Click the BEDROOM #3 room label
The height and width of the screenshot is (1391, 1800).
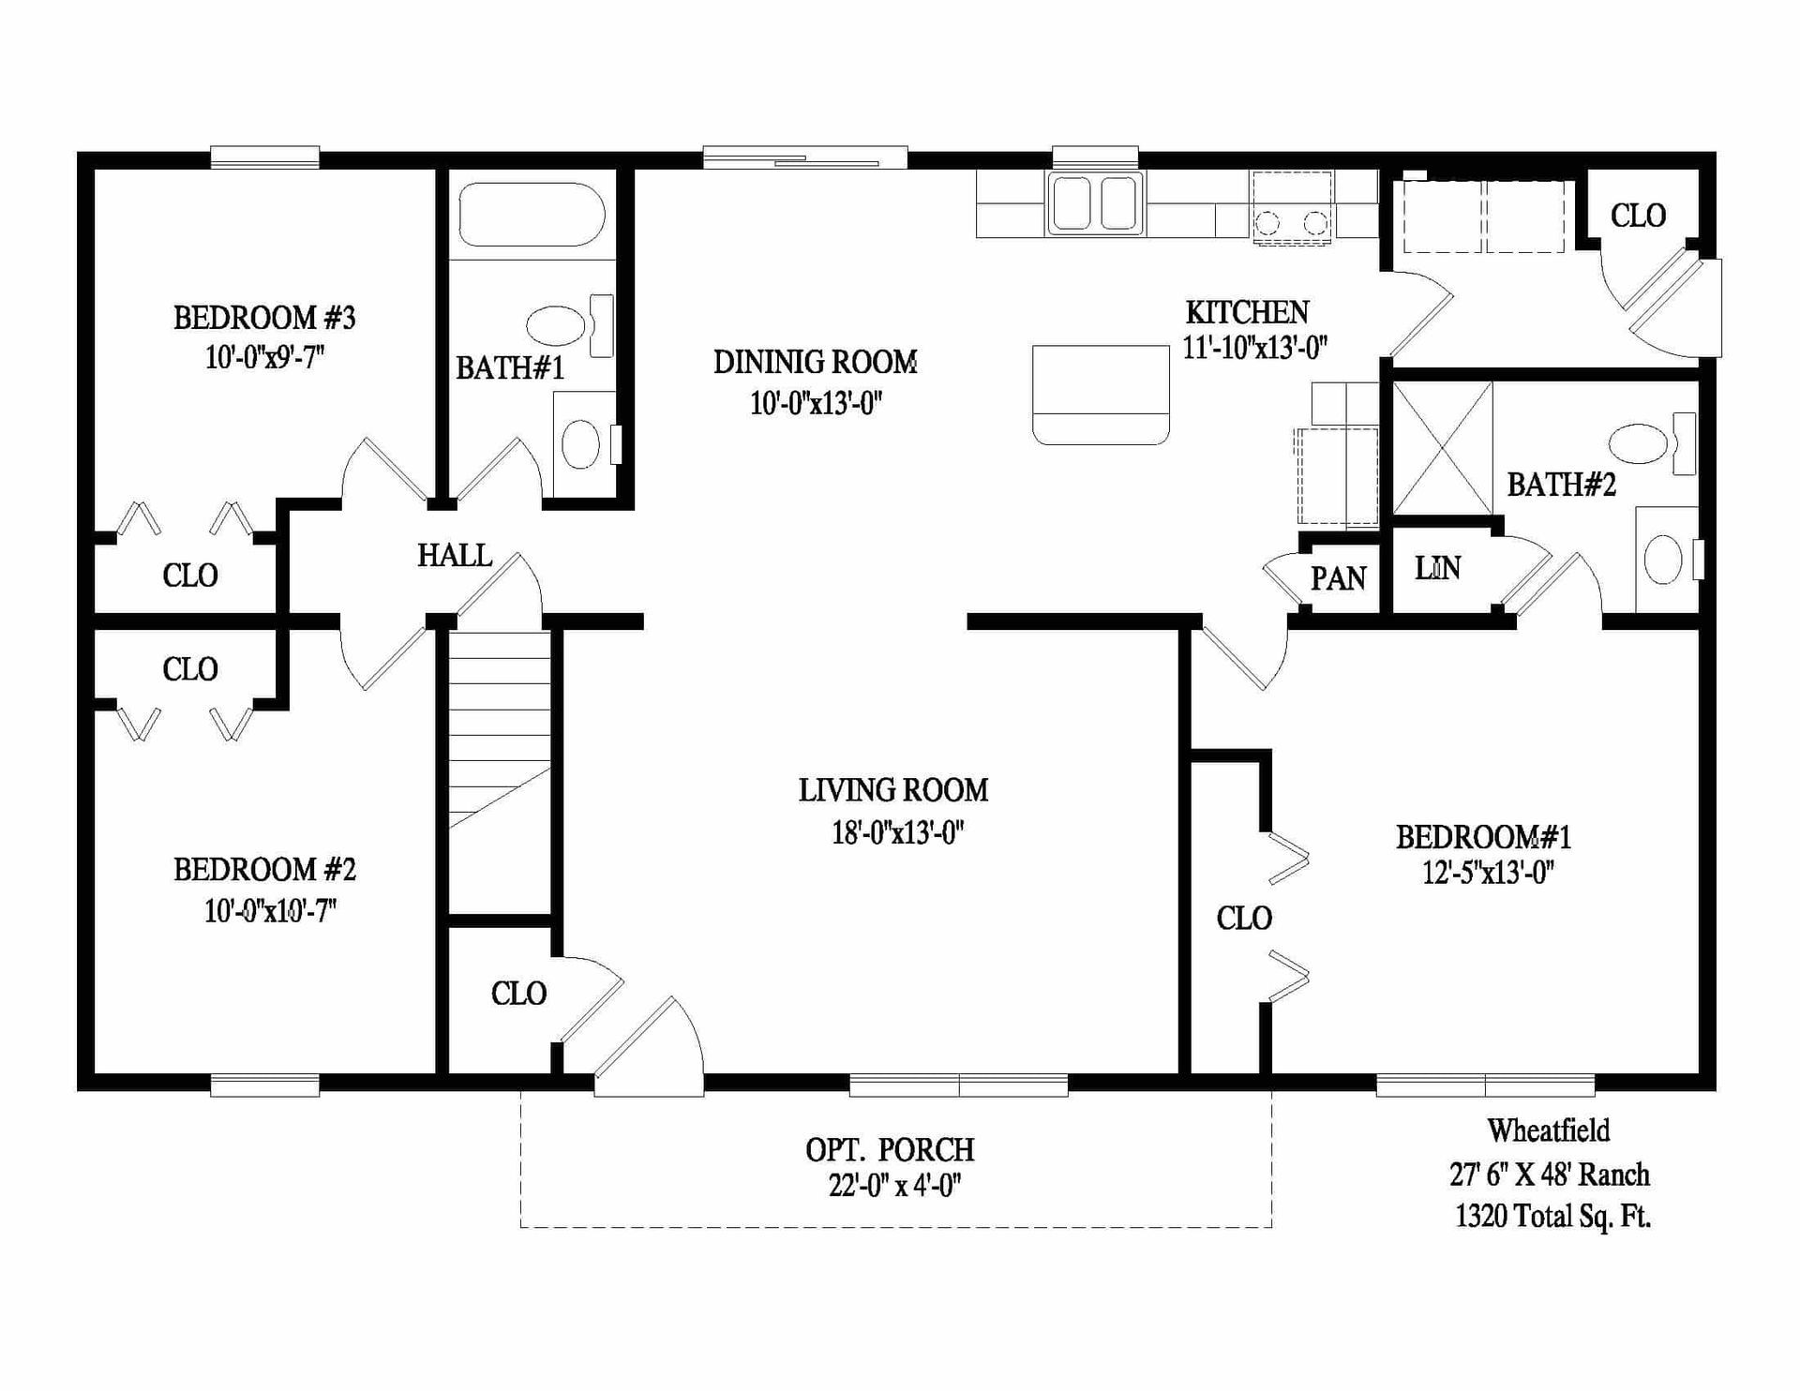(264, 318)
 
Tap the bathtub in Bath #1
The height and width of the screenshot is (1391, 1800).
(531, 215)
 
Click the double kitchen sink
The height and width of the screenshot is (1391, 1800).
(1095, 203)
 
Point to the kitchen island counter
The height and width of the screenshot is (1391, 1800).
(1101, 394)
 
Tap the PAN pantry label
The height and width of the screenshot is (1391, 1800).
(1338, 578)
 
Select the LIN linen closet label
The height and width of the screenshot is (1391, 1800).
(1437, 568)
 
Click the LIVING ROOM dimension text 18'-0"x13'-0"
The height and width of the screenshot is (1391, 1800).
(897, 832)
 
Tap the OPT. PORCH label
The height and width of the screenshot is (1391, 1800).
(890, 1149)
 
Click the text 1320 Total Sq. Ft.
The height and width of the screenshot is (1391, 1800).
(1552, 1217)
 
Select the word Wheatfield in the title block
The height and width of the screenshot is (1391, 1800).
(1548, 1131)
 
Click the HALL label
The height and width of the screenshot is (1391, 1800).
(455, 555)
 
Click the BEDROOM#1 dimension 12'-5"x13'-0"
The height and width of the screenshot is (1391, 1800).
(1488, 873)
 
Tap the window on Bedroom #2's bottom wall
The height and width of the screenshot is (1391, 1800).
(264, 1085)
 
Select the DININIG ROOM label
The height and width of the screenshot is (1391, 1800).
(815, 362)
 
